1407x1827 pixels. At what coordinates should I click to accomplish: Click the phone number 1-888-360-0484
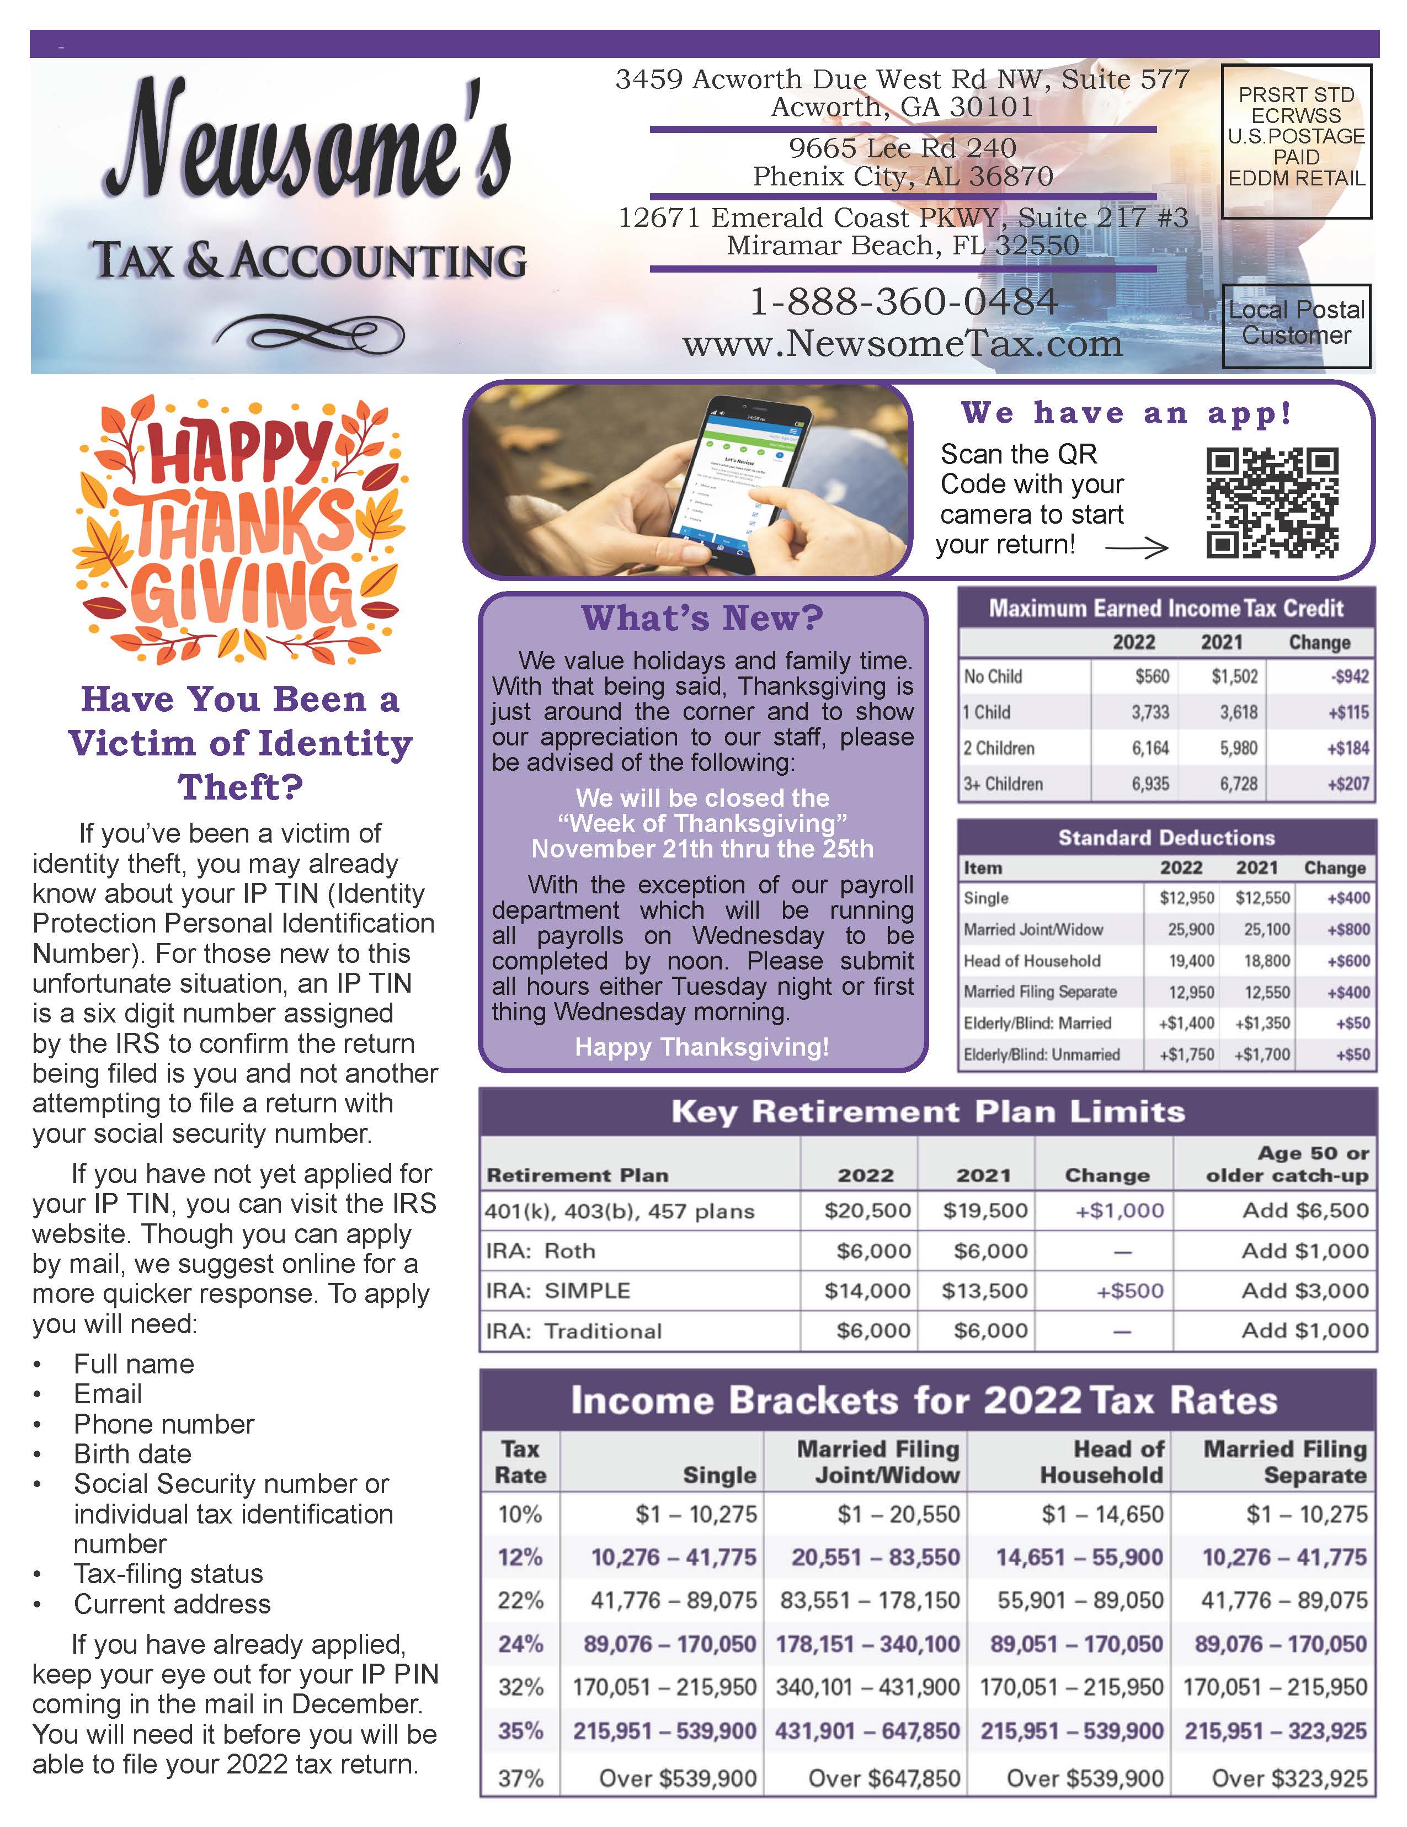coord(903,302)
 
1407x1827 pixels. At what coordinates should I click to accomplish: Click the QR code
coord(1271,502)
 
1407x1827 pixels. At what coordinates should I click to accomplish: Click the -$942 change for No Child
coord(1349,676)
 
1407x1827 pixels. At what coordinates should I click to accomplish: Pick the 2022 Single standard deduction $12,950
coord(1186,898)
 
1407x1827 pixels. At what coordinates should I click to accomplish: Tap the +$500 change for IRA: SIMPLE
coord(1129,1290)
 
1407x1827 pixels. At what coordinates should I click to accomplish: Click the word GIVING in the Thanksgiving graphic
coord(243,595)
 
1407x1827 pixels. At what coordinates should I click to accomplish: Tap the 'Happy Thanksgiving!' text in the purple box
coord(702,1047)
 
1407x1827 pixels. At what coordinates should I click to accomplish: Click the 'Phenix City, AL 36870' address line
coord(903,177)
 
